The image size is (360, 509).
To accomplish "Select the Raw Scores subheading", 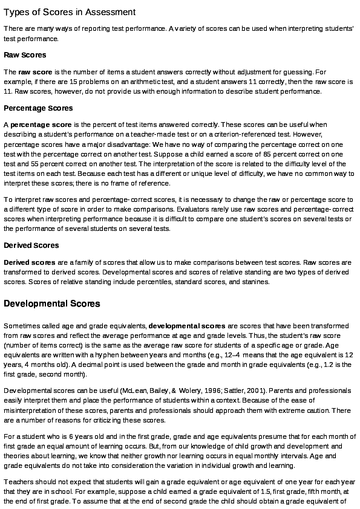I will coord(25,56).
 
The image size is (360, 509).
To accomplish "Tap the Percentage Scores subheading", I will coord(38,108).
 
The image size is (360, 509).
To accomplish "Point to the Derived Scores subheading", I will coord(31,245).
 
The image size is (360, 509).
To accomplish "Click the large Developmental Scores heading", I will coord(52,303).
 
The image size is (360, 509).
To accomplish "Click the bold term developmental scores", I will coord(187,326).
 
